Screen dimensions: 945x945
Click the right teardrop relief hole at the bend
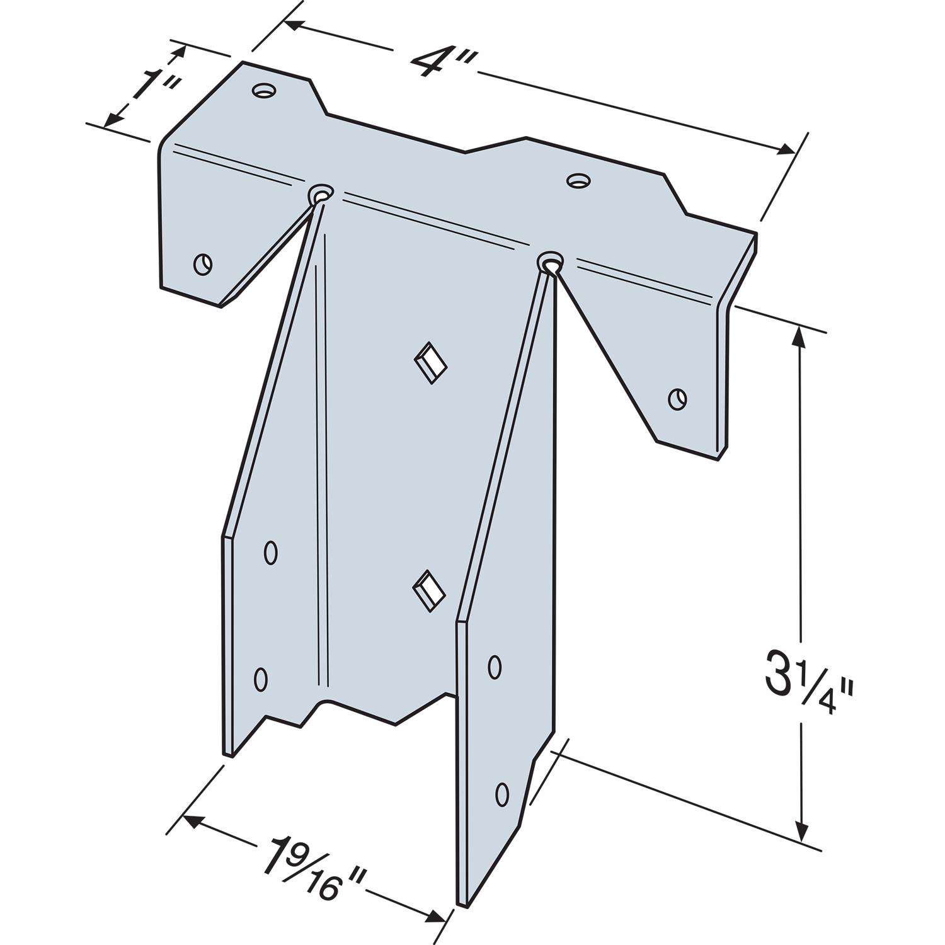550,261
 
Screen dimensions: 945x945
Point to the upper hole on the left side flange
270,553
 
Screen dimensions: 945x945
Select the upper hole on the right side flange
495,667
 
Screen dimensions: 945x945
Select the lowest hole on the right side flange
502,794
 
